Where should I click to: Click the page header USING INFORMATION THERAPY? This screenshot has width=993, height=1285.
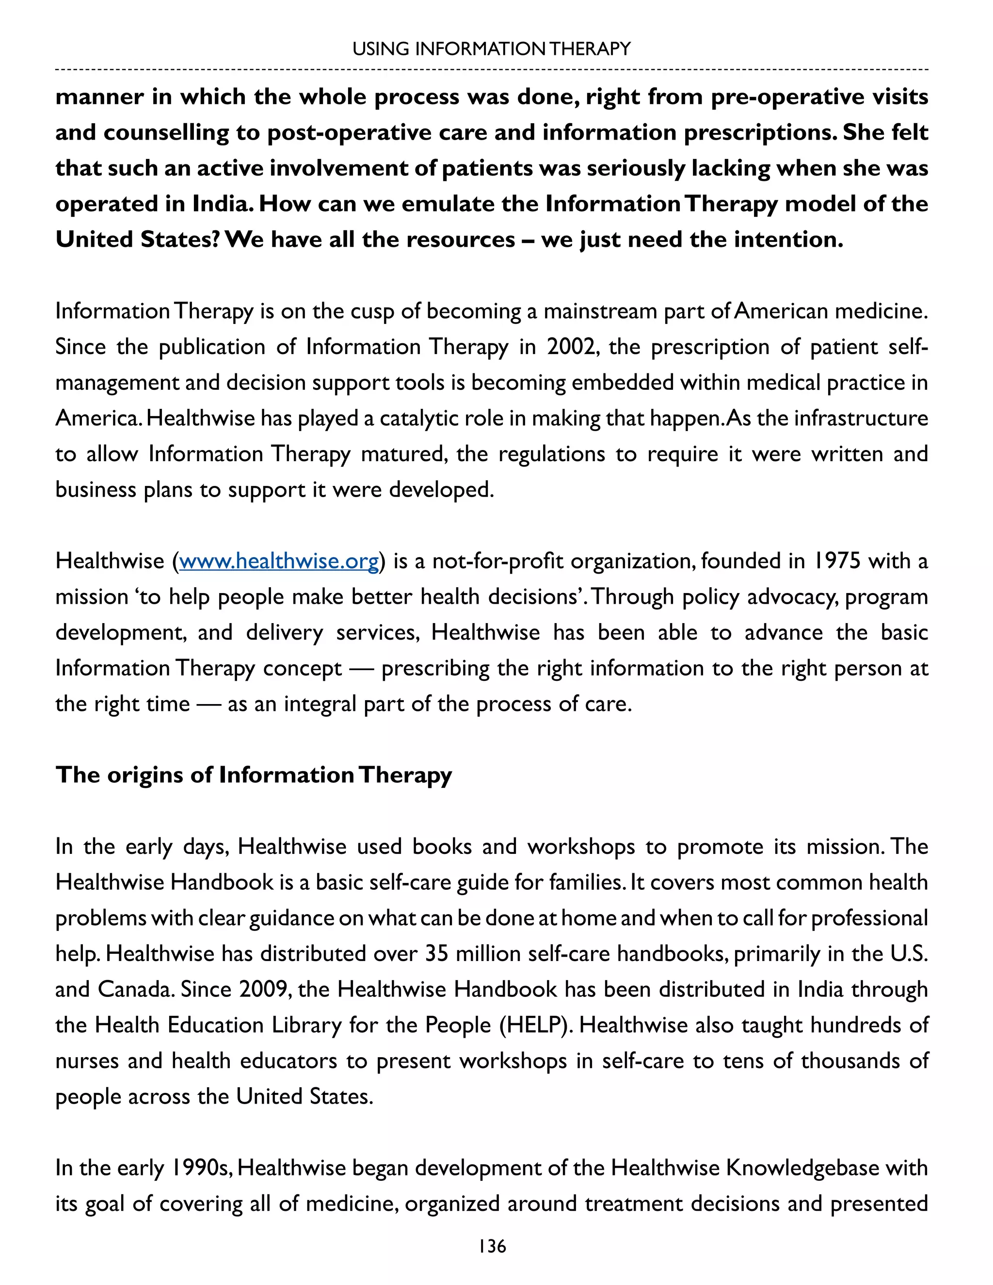coord(491,49)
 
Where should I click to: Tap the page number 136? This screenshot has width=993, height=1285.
coord(492,1246)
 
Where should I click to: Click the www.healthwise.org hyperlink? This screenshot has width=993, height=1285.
coord(279,562)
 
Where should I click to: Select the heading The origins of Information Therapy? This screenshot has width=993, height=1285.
coord(254,775)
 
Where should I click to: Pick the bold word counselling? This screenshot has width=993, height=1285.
coord(166,133)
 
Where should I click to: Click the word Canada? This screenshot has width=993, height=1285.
coord(135,989)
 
